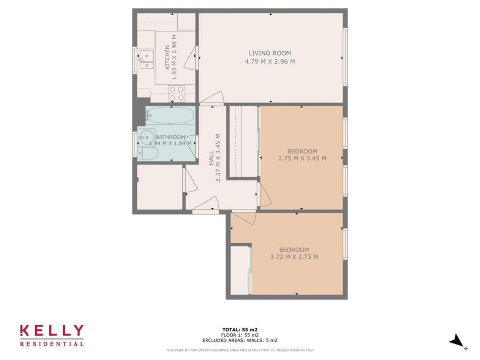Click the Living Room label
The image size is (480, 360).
point(270,53)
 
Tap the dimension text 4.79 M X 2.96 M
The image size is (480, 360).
point(270,62)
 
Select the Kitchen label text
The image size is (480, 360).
point(167,58)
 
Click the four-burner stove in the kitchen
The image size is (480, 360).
point(176,94)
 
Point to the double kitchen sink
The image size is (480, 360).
point(146,60)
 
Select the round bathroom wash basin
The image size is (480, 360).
point(146,138)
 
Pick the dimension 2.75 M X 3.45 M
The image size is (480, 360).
point(302,158)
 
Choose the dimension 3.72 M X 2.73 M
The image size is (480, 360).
point(294,257)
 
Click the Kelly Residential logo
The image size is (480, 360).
point(52,335)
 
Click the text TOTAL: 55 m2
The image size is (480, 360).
point(240,330)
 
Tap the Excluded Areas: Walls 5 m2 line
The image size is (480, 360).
point(240,340)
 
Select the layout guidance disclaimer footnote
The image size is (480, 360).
point(240,350)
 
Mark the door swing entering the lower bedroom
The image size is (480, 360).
point(244,218)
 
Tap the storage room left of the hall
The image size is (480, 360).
point(160,186)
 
